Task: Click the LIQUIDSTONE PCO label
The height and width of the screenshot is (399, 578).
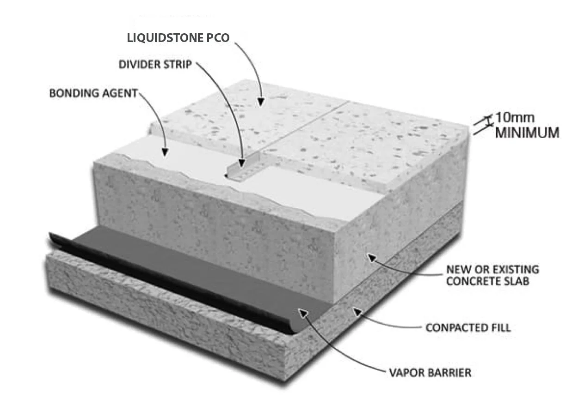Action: (x=178, y=38)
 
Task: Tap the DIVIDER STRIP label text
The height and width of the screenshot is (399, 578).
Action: (x=155, y=64)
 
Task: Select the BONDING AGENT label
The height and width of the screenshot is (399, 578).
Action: (x=93, y=93)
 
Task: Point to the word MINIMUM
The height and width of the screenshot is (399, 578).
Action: (x=527, y=133)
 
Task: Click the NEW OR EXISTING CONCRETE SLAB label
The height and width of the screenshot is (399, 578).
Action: (x=492, y=275)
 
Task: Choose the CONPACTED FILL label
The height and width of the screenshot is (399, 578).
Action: (x=468, y=328)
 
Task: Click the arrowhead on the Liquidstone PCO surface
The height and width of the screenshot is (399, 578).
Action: (x=261, y=101)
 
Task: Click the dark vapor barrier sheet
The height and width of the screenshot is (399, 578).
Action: (x=194, y=268)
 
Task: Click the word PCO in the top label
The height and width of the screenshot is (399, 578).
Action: (x=217, y=38)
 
